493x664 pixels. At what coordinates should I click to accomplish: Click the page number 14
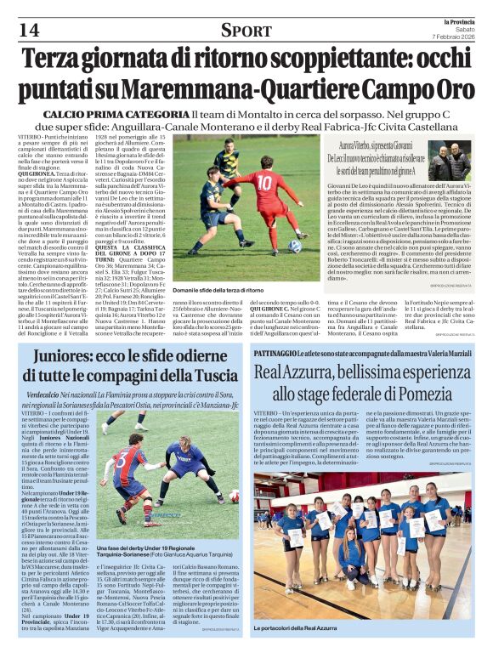pyautogui.click(x=28, y=30)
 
